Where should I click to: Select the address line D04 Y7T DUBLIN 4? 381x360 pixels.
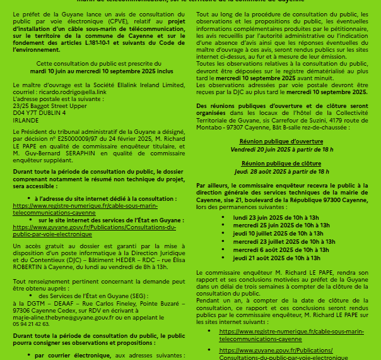tap(39, 111)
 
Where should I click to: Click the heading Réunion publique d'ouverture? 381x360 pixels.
tap(281, 141)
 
